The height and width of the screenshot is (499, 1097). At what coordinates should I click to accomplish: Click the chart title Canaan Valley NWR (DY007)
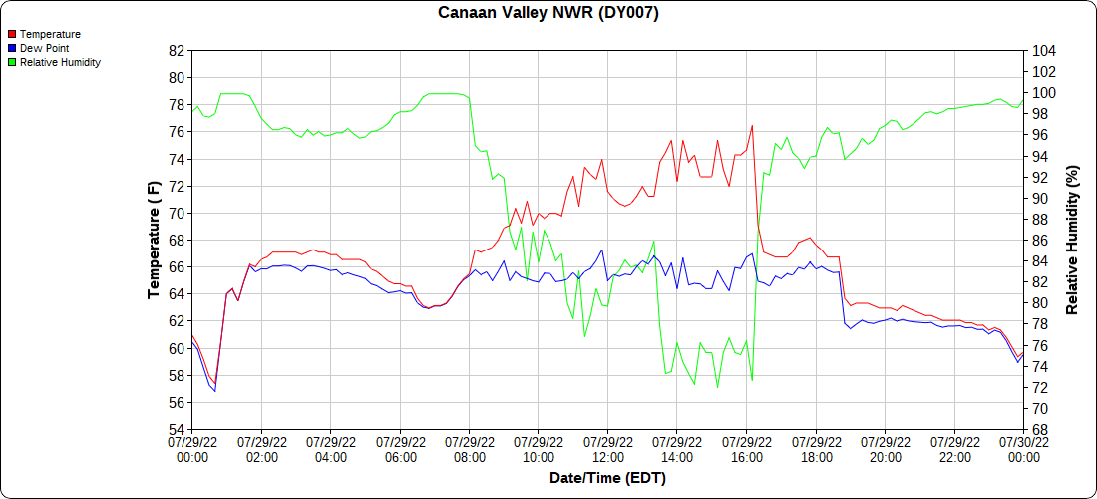pos(548,13)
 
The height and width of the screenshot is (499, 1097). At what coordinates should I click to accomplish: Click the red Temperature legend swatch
pos(11,34)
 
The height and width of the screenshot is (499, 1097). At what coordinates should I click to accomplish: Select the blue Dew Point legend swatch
pos(11,48)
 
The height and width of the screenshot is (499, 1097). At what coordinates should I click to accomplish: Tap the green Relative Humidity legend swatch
pos(11,62)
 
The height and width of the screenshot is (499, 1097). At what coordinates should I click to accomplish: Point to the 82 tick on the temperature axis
pos(177,50)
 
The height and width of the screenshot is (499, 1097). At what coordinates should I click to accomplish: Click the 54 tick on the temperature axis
pos(177,430)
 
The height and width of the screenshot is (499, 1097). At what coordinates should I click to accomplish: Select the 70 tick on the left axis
pos(177,213)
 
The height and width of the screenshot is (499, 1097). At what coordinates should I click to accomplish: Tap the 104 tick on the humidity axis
pos(1044,50)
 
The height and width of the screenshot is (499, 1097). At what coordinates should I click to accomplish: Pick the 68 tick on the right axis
pos(1040,430)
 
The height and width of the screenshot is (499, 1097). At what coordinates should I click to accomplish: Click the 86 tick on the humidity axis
pos(1040,241)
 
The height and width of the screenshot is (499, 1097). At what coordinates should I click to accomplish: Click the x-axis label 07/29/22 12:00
pos(607,449)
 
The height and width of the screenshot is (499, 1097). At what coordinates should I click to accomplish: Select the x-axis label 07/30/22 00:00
pos(1023,449)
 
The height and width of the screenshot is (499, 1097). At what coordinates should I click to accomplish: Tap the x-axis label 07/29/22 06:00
pos(400,449)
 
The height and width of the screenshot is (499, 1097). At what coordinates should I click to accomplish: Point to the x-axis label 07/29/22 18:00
pos(816,449)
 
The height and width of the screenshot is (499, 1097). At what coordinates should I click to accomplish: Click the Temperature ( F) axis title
pos(154,240)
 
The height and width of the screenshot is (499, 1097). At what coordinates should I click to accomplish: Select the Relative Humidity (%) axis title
pos(1072,240)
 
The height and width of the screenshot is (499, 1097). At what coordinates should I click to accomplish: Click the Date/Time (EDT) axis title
pos(607,478)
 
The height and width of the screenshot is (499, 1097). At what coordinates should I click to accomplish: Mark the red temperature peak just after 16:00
pos(752,126)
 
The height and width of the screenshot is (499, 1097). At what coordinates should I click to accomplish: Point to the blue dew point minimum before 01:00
pos(215,391)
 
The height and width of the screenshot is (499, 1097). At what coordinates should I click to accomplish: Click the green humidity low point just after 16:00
pos(752,380)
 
